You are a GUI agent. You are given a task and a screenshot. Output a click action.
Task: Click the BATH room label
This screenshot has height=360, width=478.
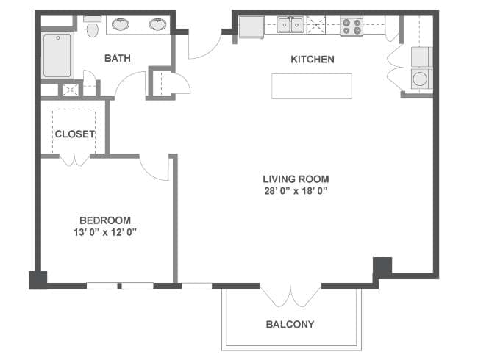click(x=118, y=58)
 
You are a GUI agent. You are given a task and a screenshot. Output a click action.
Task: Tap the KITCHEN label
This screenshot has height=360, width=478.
click(x=313, y=59)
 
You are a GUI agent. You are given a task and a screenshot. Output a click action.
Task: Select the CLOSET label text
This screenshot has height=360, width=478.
click(x=75, y=134)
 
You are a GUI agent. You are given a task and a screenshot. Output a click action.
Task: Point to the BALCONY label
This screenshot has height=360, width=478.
click(x=290, y=324)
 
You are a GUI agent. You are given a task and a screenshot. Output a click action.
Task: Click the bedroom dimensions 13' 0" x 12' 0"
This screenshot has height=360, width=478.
click(x=105, y=232)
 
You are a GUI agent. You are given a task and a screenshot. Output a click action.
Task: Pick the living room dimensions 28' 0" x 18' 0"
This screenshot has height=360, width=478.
click(x=296, y=191)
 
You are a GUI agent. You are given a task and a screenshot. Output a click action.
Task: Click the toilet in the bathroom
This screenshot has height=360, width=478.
click(x=93, y=26)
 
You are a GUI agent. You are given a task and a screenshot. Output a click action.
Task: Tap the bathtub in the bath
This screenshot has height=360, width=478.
click(x=57, y=55)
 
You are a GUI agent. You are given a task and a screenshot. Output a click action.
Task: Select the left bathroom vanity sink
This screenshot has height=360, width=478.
click(x=121, y=24)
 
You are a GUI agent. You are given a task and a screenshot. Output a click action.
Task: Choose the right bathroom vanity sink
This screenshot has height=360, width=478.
click(x=157, y=24)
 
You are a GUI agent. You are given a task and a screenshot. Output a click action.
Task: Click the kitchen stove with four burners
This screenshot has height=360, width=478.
click(x=352, y=26)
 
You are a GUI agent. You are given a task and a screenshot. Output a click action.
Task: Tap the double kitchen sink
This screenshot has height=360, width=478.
click(x=290, y=25)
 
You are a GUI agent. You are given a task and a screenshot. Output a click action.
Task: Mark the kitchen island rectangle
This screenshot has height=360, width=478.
click(x=312, y=86)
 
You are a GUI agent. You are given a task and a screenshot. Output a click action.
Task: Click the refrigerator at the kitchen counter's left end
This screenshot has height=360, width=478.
click(x=252, y=27)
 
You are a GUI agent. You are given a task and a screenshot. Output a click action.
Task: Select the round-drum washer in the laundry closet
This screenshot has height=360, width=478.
click(x=420, y=79)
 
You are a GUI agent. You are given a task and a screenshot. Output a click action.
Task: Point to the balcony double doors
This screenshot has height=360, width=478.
click(x=290, y=297)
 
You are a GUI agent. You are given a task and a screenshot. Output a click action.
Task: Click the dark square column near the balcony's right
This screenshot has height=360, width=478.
click(x=382, y=267)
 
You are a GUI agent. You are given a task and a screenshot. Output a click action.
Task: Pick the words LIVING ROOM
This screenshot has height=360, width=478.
click(x=296, y=179)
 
